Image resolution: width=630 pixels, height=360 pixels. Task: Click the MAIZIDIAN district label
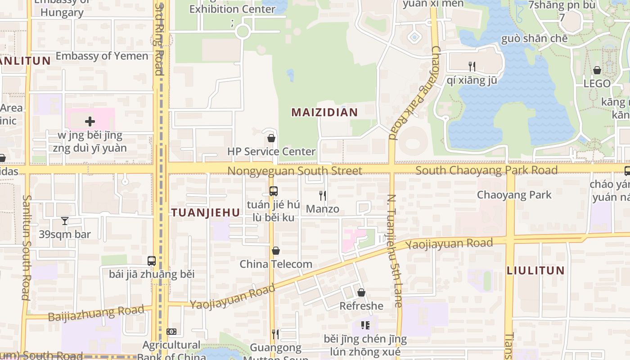324,112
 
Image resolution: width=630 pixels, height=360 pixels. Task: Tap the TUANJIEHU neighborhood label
206,213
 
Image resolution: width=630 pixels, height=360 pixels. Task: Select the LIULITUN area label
535,270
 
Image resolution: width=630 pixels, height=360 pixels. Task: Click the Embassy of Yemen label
102,56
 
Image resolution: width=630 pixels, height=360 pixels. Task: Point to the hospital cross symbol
90,121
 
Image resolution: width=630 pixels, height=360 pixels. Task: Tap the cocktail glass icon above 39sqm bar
65,221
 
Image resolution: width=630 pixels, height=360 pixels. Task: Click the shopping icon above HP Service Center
271,138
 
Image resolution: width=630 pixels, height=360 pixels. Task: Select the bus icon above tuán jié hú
273,191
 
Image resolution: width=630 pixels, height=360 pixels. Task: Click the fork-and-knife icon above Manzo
322,195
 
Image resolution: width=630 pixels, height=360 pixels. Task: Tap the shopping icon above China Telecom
276,251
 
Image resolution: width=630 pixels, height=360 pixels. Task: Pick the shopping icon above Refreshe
361,293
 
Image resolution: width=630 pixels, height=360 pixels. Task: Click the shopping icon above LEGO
597,70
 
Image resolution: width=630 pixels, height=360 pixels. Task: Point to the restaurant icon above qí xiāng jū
472,67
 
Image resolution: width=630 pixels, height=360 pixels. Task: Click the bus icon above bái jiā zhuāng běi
152,261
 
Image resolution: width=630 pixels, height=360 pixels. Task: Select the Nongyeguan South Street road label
295,171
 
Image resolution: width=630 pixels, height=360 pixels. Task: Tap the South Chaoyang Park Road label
486,170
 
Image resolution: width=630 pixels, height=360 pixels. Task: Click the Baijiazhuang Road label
96,313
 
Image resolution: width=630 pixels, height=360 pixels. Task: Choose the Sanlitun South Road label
26,247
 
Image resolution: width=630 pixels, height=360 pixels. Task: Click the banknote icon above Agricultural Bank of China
171,332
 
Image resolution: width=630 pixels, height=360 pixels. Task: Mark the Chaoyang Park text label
514,195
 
